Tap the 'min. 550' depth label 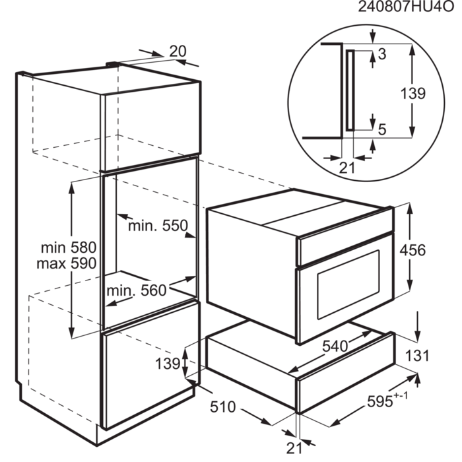pos(158,226)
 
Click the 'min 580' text pos(69,248)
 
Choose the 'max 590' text pos(69,263)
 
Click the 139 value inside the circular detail pos(413,94)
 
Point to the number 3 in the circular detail pos(381,52)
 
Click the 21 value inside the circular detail pos(346,168)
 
